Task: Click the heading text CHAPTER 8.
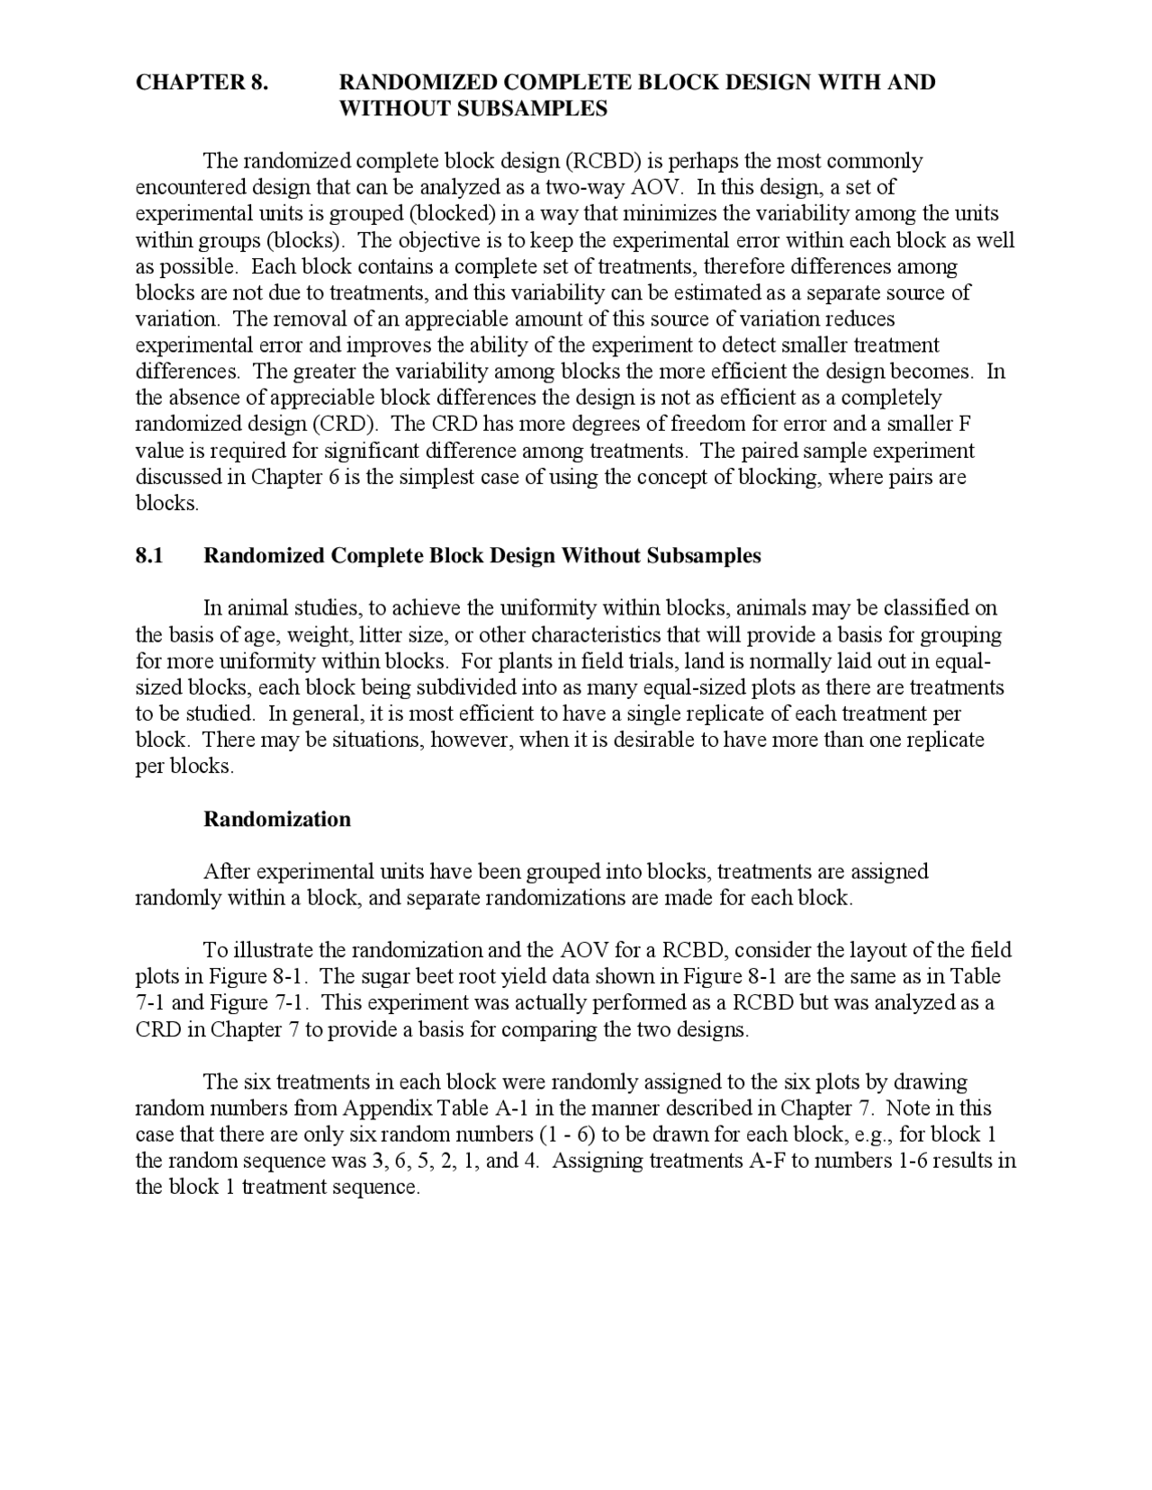202,83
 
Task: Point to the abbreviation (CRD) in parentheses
345,424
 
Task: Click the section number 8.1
149,555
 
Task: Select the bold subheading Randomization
277,819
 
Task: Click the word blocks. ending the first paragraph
166,503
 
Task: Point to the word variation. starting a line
177,319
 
